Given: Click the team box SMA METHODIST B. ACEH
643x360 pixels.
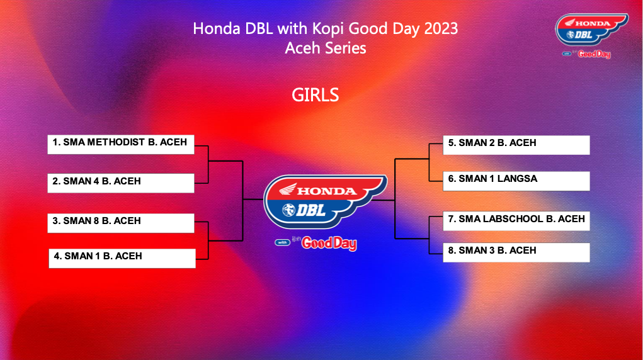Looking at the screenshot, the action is pyautogui.click(x=121, y=144).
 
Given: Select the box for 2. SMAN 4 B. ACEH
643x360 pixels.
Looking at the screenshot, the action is pyautogui.click(x=121, y=183).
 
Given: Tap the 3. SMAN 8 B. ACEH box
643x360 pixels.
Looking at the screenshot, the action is pyautogui.click(x=121, y=223).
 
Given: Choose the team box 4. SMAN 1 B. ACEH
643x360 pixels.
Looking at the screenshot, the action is pyautogui.click(x=122, y=258).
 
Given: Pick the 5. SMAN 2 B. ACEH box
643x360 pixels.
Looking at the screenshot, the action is pyautogui.click(x=516, y=145).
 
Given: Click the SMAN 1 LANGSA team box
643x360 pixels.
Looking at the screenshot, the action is pyautogui.click(x=516, y=181).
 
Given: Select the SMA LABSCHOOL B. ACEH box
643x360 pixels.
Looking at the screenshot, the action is pyautogui.click(x=516, y=221).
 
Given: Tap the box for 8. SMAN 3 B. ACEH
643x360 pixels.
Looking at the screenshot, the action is pyautogui.click(x=516, y=252).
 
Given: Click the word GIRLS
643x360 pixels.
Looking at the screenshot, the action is pyautogui.click(x=316, y=95).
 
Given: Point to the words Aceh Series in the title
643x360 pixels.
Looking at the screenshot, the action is pyautogui.click(x=326, y=48).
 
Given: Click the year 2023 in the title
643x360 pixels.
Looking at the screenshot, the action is pyautogui.click(x=441, y=29).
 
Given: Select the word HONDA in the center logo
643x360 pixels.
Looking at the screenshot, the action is pyautogui.click(x=327, y=191).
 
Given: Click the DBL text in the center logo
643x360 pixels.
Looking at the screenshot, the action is pyautogui.click(x=310, y=210).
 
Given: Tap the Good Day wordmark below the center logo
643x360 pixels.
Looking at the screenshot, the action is pyautogui.click(x=329, y=243).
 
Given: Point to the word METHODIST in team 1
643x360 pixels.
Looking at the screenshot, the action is pyautogui.click(x=116, y=142).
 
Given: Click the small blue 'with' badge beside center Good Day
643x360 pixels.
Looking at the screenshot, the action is pyautogui.click(x=282, y=242).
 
